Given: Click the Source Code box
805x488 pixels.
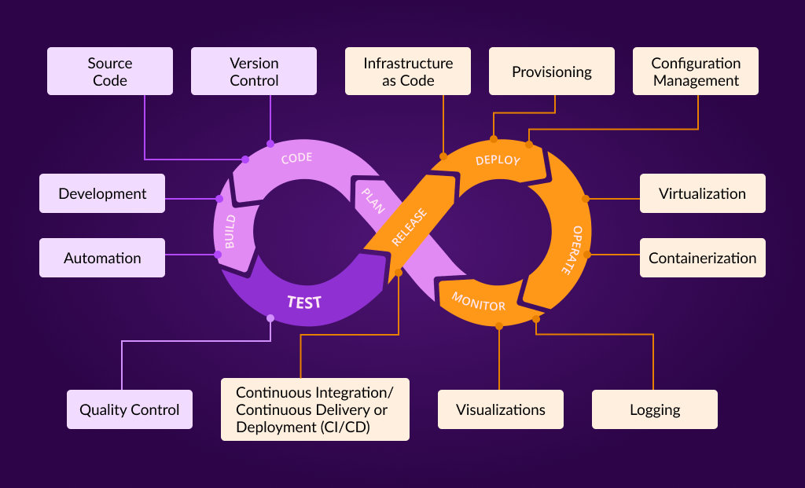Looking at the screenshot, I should pyautogui.click(x=109, y=72).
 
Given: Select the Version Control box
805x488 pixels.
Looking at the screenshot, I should pyautogui.click(x=254, y=72).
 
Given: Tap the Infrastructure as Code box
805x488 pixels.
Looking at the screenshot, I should pyautogui.click(x=408, y=72).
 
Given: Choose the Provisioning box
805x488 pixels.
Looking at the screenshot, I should pyautogui.click(x=552, y=72).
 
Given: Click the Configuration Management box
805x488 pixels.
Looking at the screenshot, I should pyautogui.click(x=696, y=72).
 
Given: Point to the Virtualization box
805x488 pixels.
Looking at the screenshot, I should pyautogui.click(x=702, y=193).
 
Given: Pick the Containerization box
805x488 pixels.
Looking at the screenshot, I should pyautogui.click(x=702, y=258).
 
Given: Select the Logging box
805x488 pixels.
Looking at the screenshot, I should pyautogui.click(x=655, y=409).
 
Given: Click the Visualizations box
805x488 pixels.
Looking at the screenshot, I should pyautogui.click(x=501, y=409).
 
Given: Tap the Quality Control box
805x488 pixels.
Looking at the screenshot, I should pyautogui.click(x=130, y=409).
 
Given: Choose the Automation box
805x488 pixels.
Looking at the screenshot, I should pyautogui.click(x=102, y=258).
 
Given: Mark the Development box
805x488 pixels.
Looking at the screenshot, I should pyautogui.click(x=102, y=193).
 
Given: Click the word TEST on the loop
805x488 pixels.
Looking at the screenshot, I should pyautogui.click(x=303, y=302).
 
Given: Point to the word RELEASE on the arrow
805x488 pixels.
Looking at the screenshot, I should pyautogui.click(x=409, y=227).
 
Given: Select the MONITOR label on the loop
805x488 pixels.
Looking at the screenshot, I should pyautogui.click(x=478, y=301).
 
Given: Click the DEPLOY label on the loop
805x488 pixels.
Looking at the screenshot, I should pyautogui.click(x=498, y=160).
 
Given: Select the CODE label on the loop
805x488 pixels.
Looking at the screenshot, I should pyautogui.click(x=296, y=158).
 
